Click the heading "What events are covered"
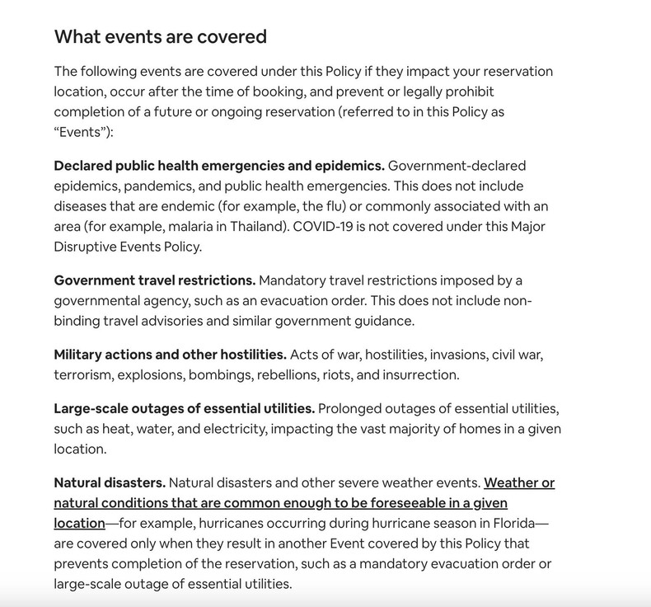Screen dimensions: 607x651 [x=161, y=37]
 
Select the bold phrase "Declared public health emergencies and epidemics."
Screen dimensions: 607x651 [x=219, y=166]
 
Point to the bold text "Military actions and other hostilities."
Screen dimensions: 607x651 [x=171, y=355]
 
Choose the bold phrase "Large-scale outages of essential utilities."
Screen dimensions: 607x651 [x=185, y=408]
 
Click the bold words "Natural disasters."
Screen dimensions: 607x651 [x=110, y=482]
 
